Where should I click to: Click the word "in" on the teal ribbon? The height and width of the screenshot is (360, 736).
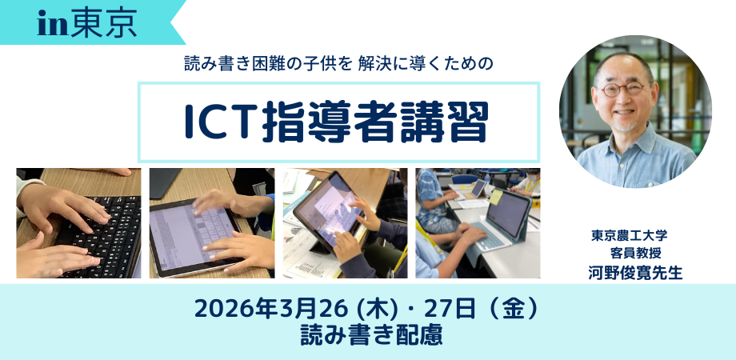(54, 26)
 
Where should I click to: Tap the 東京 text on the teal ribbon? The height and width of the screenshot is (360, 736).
(105, 24)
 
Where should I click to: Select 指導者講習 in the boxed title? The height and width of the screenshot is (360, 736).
(375, 122)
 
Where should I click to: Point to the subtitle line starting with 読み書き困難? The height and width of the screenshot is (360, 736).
(338, 64)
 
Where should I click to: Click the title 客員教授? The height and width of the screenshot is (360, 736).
(636, 253)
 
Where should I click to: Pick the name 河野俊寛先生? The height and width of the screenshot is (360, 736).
(635, 272)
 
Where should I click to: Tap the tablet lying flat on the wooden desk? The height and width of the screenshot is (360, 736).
(194, 237)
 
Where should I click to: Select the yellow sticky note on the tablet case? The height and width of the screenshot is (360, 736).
(496, 197)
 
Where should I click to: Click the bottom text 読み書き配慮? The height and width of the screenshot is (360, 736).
(372, 336)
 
